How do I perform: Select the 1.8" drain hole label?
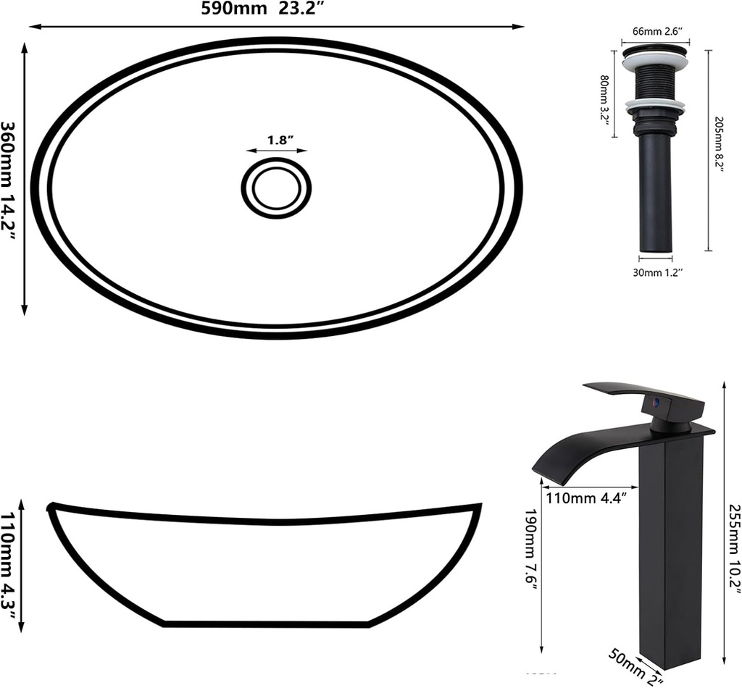[276, 140]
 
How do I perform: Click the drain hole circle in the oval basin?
[276, 188]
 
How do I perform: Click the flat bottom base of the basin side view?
[267, 623]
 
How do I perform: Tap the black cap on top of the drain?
[655, 51]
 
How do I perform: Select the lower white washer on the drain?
[655, 106]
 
